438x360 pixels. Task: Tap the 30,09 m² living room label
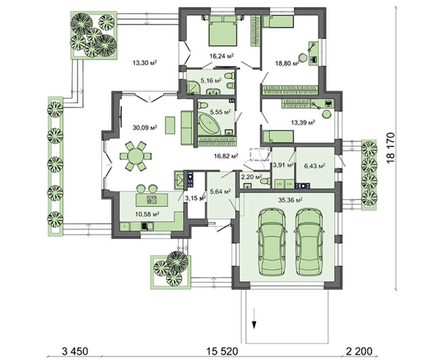(145, 128)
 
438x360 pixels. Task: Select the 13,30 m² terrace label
(145, 63)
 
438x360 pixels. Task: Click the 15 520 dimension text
(223, 351)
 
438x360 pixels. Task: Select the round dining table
(136, 156)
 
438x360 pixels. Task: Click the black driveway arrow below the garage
(254, 325)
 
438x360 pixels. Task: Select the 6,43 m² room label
(314, 166)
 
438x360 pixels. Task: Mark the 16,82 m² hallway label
(226, 155)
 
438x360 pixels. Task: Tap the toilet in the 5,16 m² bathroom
(231, 88)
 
